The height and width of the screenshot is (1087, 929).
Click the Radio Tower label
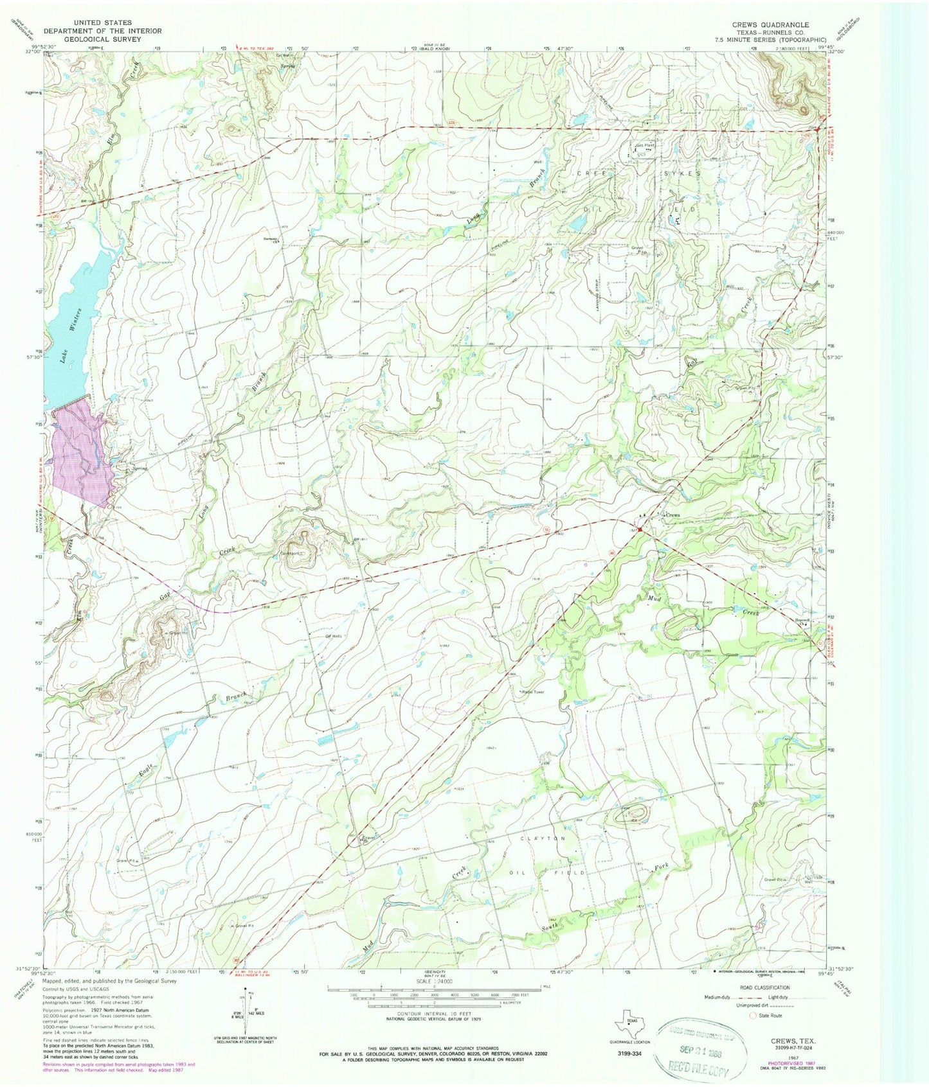[x=533, y=693]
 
